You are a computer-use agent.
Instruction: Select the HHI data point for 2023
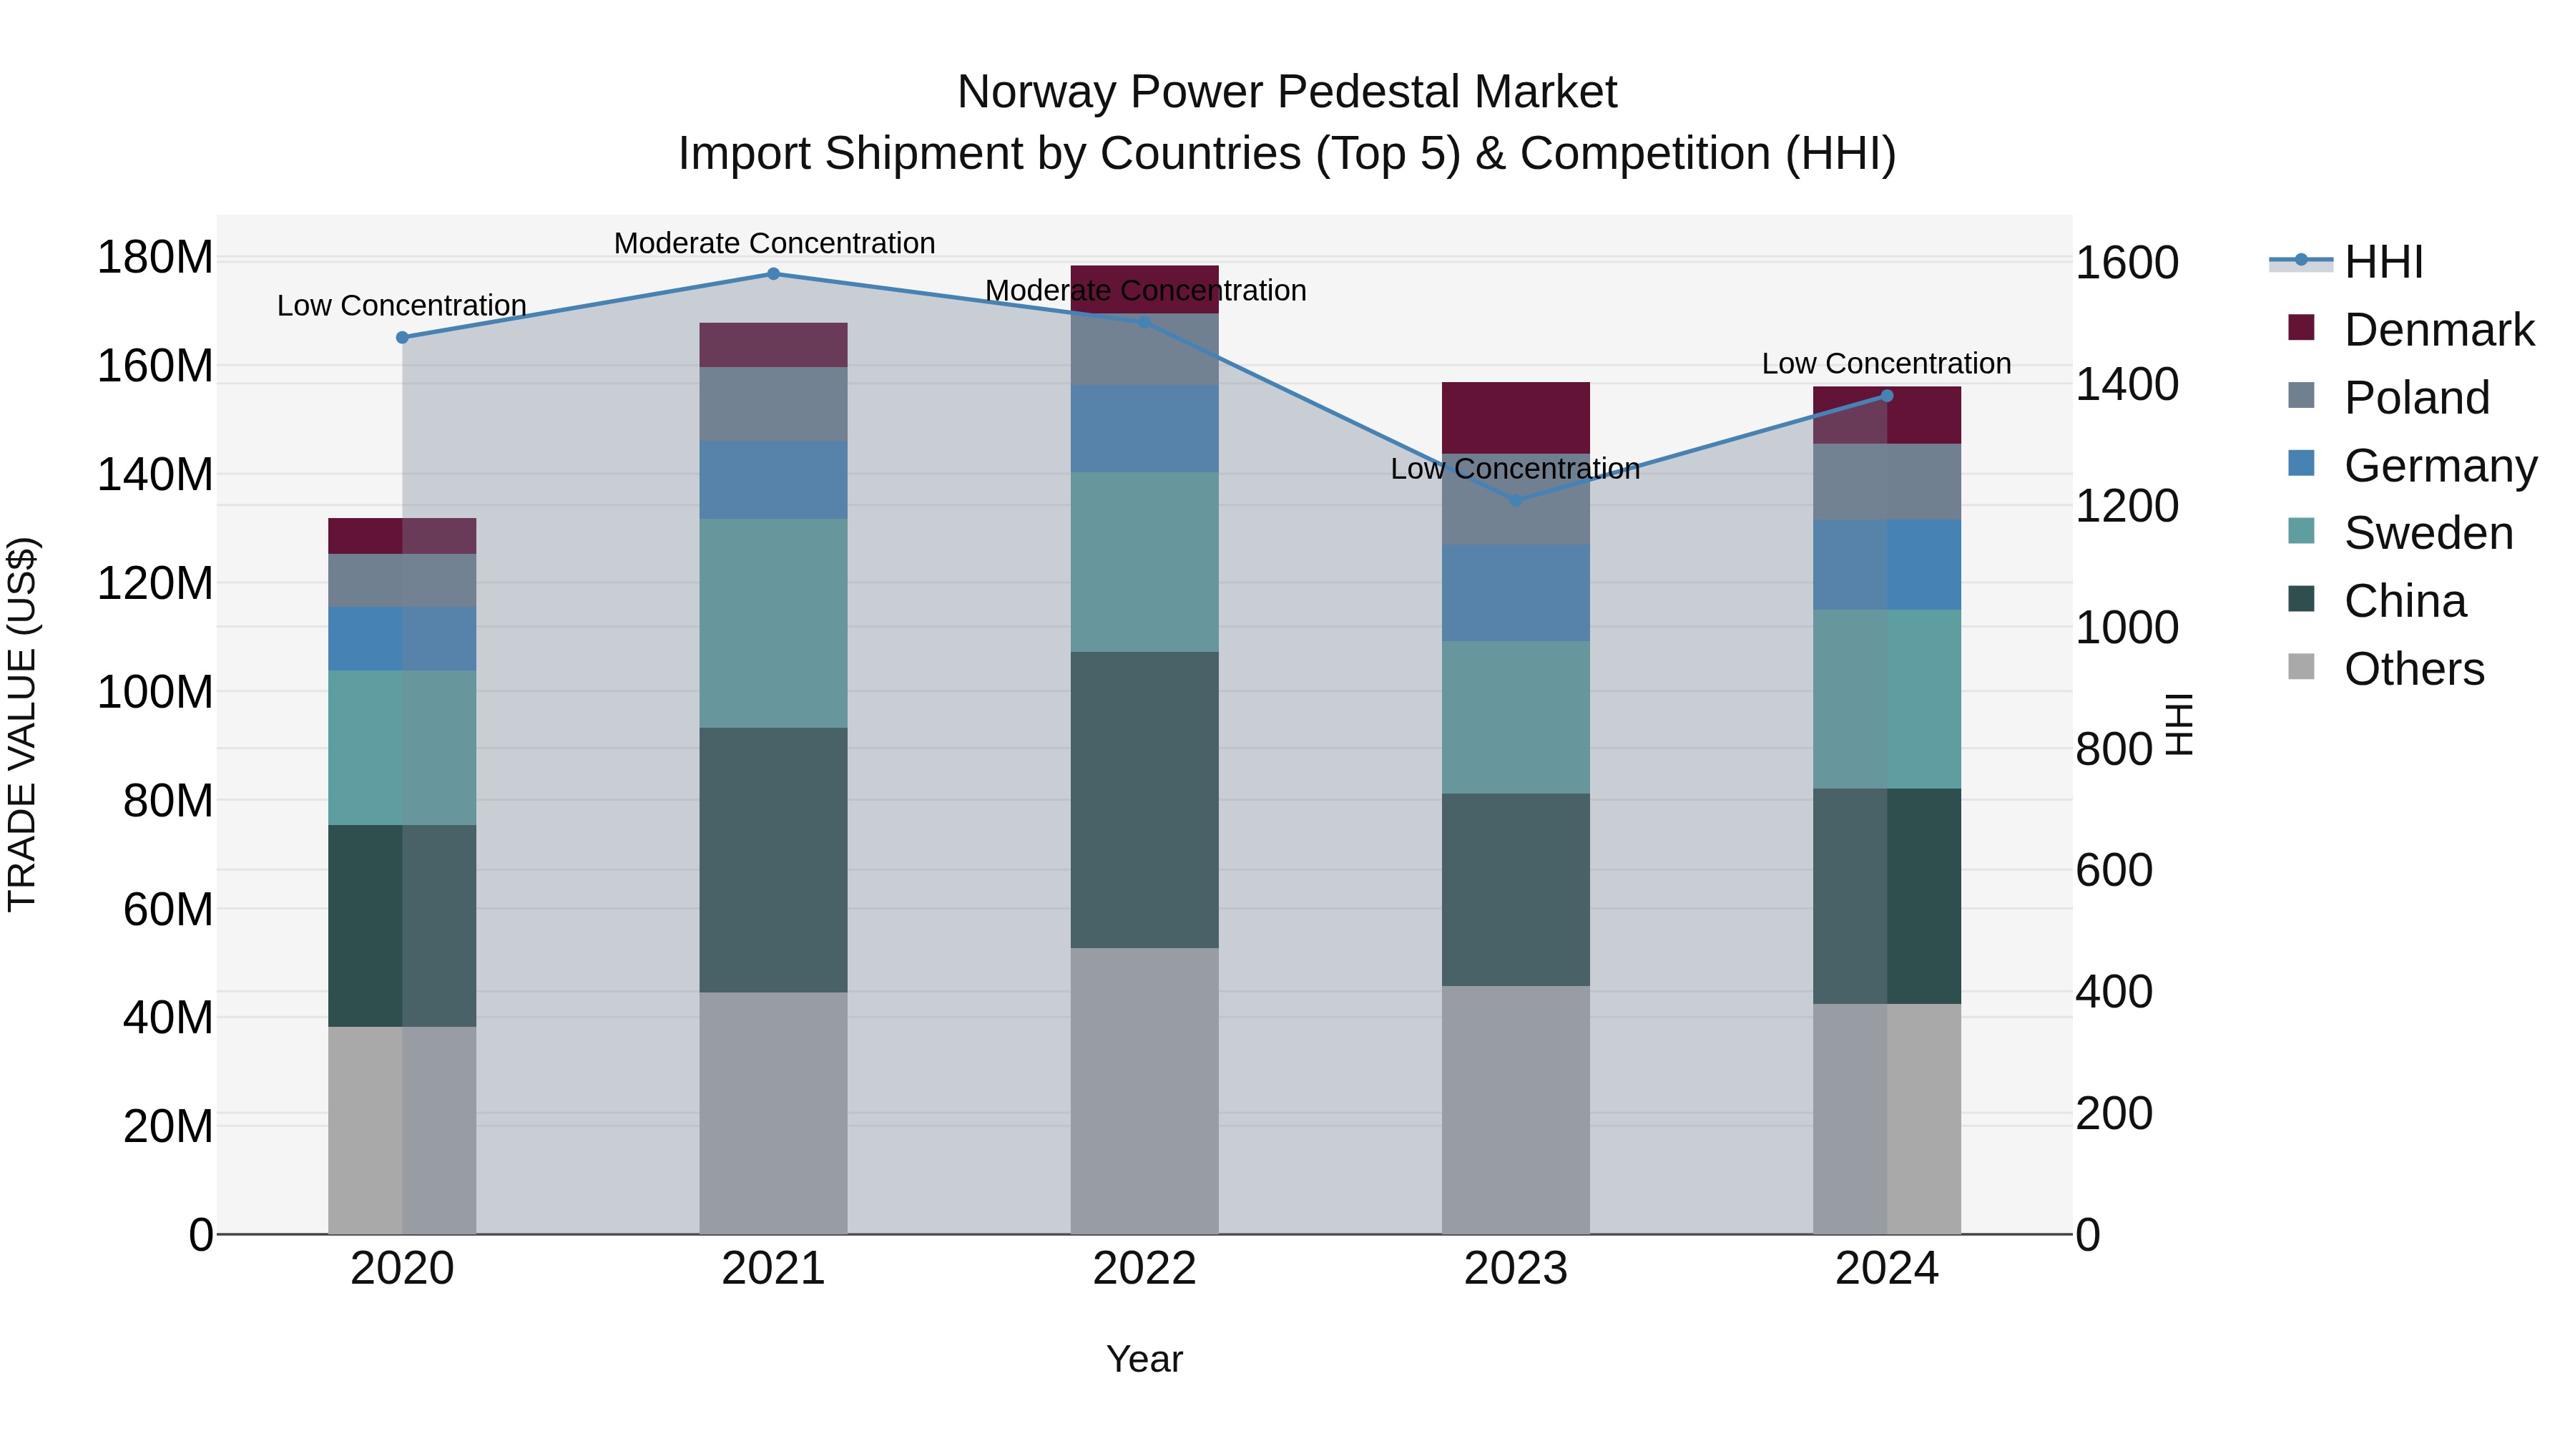tap(1516, 500)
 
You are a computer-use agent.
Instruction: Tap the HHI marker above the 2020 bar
tap(402, 338)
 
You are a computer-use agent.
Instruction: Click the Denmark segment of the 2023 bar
tap(1516, 417)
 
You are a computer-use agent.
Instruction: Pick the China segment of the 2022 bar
tap(1144, 800)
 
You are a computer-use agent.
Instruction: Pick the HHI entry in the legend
tap(2383, 262)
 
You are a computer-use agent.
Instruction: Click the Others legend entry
tap(2413, 669)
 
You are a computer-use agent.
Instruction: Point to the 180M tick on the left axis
tap(155, 258)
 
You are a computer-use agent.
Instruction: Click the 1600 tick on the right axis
tap(2127, 263)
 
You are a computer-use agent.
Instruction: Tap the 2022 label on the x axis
tap(1144, 1269)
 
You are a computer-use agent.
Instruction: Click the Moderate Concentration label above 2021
tap(774, 243)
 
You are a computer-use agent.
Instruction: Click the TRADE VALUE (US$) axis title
tap(22, 724)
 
